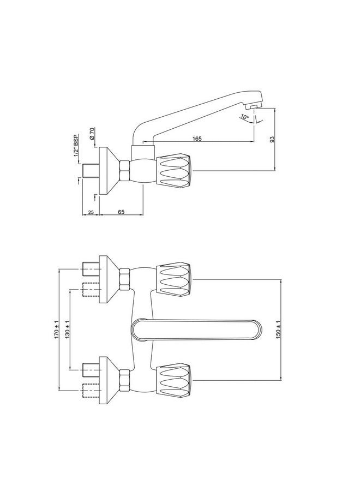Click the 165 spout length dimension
[x=197, y=139]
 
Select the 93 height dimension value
[x=272, y=139]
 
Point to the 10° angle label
[x=243, y=117]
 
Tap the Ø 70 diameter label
[x=93, y=134]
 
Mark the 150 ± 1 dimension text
[x=279, y=330]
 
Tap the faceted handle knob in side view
[x=175, y=170]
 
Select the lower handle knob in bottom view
[x=175, y=381]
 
